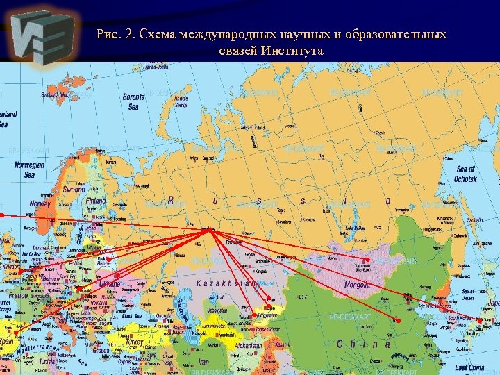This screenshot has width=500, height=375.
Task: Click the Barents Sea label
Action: [133, 102]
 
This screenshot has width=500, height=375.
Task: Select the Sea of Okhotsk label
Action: [466, 174]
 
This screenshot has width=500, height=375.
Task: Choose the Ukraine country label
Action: [109, 284]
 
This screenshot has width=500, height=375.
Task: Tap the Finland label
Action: [96, 201]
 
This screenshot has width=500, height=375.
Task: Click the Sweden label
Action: [74, 190]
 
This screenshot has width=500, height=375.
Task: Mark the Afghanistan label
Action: [249, 345]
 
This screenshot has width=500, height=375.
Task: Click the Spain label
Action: [7, 342]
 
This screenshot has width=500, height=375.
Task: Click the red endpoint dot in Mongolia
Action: [367, 260]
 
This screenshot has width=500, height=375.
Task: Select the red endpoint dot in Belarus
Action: [108, 260]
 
